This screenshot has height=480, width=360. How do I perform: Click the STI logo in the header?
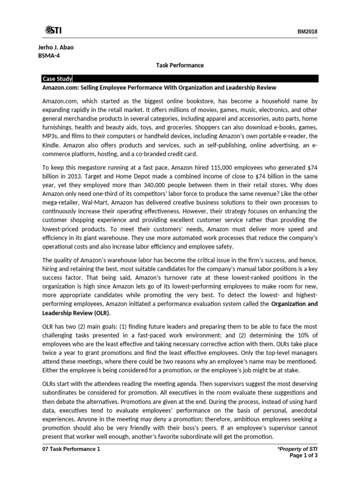[x=53, y=30]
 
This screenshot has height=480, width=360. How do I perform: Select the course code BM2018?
[x=307, y=31]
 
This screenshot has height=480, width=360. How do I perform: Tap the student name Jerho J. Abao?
[x=57, y=48]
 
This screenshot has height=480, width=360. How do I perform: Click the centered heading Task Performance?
[x=180, y=65]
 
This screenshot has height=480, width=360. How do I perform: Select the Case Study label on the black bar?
[x=57, y=78]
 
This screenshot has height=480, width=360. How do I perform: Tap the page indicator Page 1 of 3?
[x=303, y=456]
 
